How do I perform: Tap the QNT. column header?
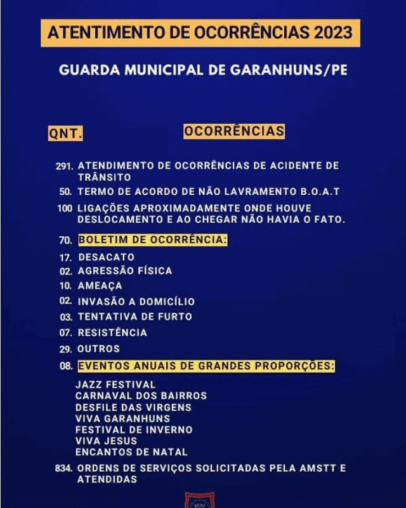(65, 134)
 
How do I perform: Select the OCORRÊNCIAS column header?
(234, 131)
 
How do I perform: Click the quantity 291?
(65, 166)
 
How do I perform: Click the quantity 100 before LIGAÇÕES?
(65, 208)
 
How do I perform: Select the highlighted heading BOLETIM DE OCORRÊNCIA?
(152, 240)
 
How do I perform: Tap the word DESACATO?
(106, 257)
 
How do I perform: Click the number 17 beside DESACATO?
(66, 258)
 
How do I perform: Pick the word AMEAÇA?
(100, 286)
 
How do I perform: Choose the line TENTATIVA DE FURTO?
(134, 316)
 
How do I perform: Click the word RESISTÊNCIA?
(112, 332)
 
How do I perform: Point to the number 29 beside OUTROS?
(66, 349)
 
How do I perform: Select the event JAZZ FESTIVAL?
(115, 384)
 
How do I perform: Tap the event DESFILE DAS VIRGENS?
(133, 407)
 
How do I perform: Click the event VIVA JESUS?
(106, 441)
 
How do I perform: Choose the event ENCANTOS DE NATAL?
(131, 452)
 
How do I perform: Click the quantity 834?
(64, 469)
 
